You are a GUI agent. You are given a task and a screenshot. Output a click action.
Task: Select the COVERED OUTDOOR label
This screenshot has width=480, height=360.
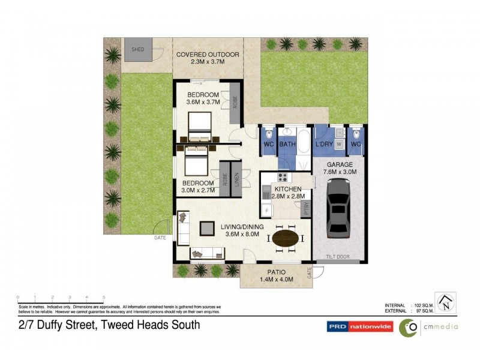click(208, 55)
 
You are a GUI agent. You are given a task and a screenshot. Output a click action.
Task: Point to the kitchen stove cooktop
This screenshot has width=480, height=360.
click(283, 177)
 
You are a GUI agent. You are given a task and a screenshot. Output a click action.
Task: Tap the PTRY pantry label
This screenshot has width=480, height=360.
click(305, 210)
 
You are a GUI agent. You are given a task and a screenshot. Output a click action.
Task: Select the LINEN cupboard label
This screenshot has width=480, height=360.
click(237, 179)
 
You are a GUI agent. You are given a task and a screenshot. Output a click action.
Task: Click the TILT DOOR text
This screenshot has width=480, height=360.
click(338, 257)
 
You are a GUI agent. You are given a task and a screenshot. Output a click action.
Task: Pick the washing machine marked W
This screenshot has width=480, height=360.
click(339, 144)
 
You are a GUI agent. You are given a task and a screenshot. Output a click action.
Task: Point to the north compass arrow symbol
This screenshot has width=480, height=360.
click(445, 302)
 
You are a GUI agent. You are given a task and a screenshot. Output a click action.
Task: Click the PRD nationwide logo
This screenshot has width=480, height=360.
click(359, 327)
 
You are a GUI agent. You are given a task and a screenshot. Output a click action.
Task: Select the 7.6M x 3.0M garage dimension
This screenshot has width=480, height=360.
click(340, 172)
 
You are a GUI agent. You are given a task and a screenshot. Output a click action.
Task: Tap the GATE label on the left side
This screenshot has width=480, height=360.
click(160, 238)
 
